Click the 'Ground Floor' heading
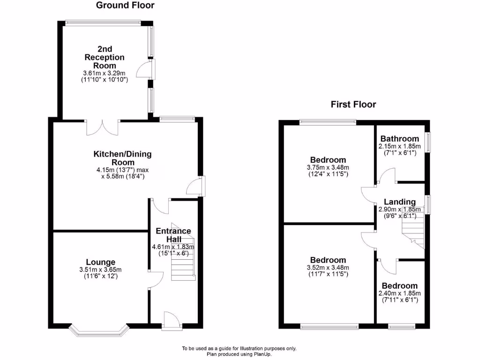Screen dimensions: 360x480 point(125,6)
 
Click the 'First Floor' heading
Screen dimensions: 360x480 point(353,105)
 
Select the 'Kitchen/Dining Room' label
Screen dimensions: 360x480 point(123,157)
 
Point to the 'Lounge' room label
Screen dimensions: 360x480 point(100,262)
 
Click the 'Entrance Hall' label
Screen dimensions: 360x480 point(173,235)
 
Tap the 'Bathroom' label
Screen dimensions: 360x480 point(399,139)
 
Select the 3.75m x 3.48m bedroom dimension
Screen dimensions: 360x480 point(328,167)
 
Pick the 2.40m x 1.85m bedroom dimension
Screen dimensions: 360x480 point(399,293)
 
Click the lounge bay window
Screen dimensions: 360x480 point(99,330)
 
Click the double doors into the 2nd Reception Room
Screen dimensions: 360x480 point(103,127)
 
